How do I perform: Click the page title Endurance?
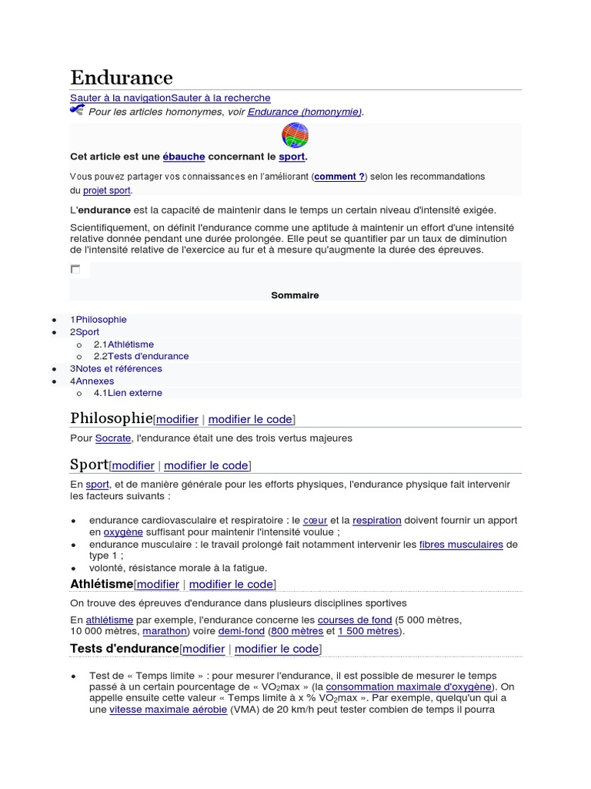122,78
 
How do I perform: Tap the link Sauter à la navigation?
120,98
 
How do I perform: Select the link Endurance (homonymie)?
304,112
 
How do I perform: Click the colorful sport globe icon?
295,135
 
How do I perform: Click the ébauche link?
183,156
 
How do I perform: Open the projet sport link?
107,190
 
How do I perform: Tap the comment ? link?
339,176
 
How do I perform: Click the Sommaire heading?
295,295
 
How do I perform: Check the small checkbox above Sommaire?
75,269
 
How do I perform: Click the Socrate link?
113,438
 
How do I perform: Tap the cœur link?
316,520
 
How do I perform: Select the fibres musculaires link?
461,545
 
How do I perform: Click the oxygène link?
123,532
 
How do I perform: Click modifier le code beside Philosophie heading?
250,419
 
